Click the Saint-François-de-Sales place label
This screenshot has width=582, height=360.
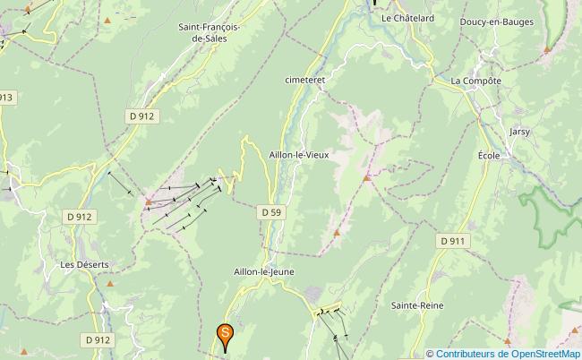[209, 33]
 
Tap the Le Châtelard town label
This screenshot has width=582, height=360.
[407, 17]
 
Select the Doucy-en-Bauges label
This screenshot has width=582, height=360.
[496, 21]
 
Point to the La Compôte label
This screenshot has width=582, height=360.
[475, 81]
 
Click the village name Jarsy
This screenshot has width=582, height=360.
[519, 132]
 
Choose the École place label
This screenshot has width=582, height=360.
[489, 155]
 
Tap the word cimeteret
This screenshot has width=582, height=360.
[304, 79]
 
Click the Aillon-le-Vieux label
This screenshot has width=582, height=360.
[299, 154]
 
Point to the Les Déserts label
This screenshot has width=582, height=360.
[84, 265]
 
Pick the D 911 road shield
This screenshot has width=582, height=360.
[453, 241]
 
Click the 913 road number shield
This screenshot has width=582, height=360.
[7, 97]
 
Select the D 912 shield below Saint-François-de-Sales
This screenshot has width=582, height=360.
[141, 116]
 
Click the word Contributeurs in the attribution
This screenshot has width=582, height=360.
[467, 353]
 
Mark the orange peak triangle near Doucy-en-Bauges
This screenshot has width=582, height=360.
[546, 50]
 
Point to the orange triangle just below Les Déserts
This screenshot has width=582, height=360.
[110, 284]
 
